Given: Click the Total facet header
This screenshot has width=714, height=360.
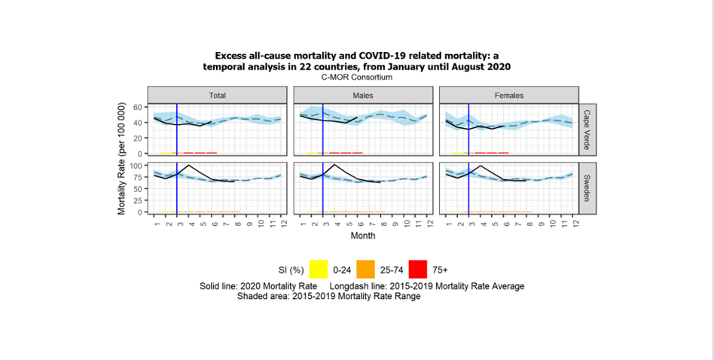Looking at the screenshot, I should [x=217, y=96].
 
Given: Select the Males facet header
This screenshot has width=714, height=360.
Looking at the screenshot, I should [x=362, y=96].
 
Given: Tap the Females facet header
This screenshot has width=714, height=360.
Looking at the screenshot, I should [x=509, y=96].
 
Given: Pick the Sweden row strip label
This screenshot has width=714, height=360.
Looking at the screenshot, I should [x=587, y=188].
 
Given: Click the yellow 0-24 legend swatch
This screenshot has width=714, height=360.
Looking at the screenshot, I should [x=319, y=269].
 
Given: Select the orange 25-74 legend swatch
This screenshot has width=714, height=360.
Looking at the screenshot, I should [x=366, y=269].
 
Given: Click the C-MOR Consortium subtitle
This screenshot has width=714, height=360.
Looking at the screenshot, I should [x=356, y=77].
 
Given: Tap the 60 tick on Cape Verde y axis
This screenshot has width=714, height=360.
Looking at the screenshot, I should [x=138, y=107].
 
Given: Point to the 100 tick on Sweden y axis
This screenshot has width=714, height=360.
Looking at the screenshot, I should [x=136, y=165].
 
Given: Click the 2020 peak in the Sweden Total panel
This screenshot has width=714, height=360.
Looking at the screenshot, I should [x=188, y=165].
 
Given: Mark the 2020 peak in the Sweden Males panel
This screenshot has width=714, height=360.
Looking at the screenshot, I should [x=334, y=164].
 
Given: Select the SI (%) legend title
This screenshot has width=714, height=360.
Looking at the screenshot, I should [x=286, y=270].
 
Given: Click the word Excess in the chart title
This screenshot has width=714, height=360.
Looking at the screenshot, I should [x=231, y=56].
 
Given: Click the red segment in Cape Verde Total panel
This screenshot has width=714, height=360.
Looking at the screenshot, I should [x=200, y=153].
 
